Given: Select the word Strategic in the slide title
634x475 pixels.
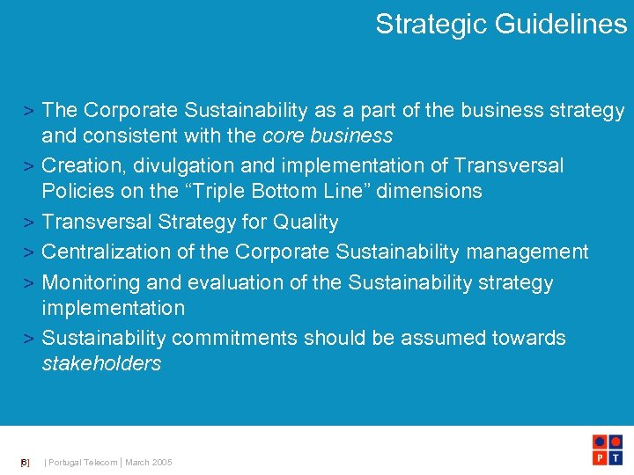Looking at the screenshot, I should click(x=431, y=25).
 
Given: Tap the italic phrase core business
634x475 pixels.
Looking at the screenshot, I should click(x=328, y=135).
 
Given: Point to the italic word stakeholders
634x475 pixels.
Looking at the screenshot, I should click(x=101, y=363).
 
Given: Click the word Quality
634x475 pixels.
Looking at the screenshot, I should click(x=306, y=222).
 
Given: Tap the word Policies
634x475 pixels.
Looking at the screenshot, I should click(x=80, y=191).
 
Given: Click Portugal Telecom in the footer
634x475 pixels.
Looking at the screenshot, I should click(x=83, y=463).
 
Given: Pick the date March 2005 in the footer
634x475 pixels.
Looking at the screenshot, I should click(x=149, y=463).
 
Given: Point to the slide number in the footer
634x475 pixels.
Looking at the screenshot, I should click(x=25, y=463).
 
